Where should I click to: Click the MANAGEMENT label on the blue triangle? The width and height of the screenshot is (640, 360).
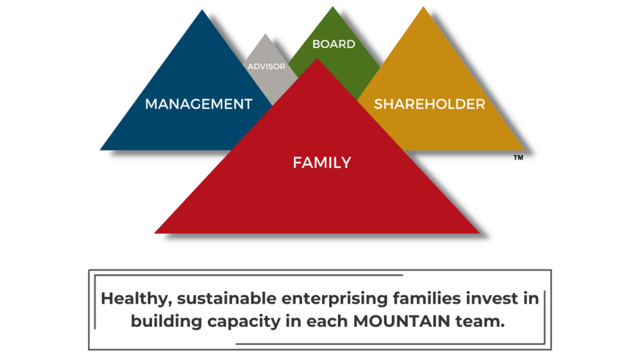(x=199, y=104)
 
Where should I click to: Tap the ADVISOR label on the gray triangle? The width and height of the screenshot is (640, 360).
(x=266, y=66)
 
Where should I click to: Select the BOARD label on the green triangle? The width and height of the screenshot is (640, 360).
(x=334, y=44)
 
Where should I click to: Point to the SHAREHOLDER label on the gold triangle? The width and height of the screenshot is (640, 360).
(x=429, y=104)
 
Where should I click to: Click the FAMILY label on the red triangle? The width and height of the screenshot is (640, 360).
(x=322, y=163)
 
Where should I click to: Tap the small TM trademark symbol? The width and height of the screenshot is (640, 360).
(x=518, y=158)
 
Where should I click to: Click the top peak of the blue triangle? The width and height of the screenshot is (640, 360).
(x=203, y=11)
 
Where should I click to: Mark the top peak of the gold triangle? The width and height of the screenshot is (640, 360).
(x=423, y=7)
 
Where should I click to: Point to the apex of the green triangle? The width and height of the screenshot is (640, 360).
(x=332, y=7)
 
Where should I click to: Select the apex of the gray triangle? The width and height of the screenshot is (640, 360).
(x=266, y=34)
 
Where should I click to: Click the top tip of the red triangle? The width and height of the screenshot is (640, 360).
(x=317, y=59)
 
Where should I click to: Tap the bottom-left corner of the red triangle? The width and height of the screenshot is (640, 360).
(x=156, y=232)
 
